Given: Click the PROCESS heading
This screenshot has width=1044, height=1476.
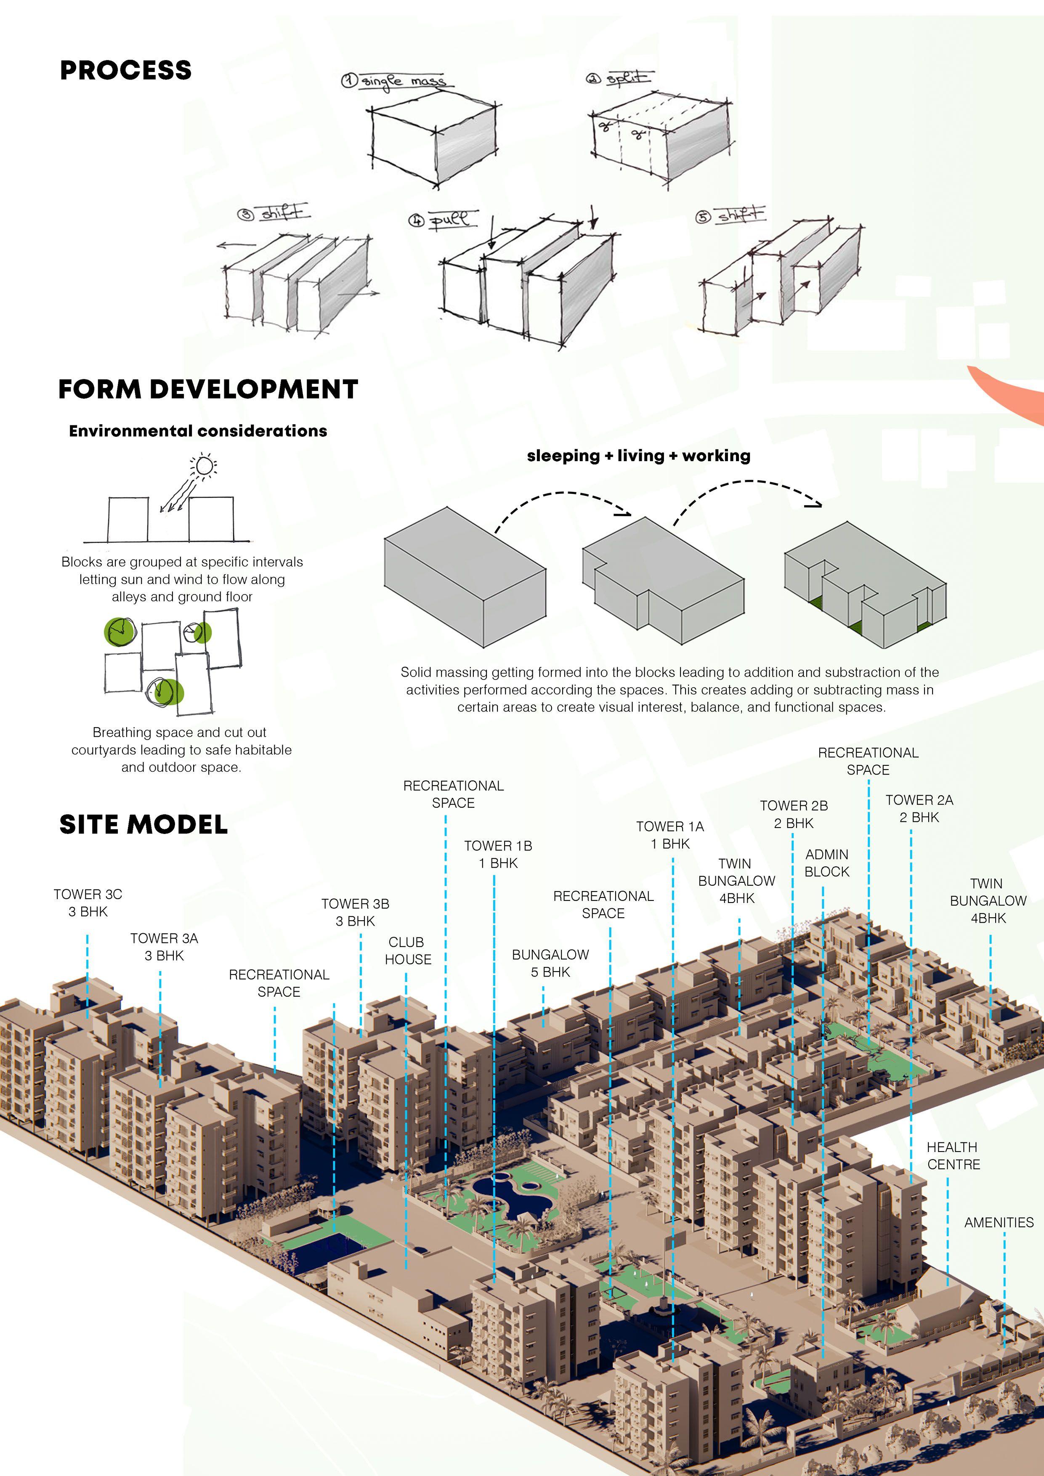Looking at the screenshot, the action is coord(125,70).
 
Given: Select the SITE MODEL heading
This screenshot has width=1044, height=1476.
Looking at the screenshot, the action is coord(143,824).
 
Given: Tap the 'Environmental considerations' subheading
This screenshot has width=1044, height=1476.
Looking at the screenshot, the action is coord(198,431).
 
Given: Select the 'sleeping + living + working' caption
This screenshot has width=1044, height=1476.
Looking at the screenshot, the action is coord(638,456).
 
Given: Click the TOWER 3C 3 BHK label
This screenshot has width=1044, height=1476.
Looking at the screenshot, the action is coord(88,903).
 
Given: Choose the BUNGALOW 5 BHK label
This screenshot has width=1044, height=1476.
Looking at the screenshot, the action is coord(550,963).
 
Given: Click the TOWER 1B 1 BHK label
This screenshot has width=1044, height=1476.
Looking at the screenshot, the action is coord(498,855).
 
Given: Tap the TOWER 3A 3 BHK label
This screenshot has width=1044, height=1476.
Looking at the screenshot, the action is coord(164,947).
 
